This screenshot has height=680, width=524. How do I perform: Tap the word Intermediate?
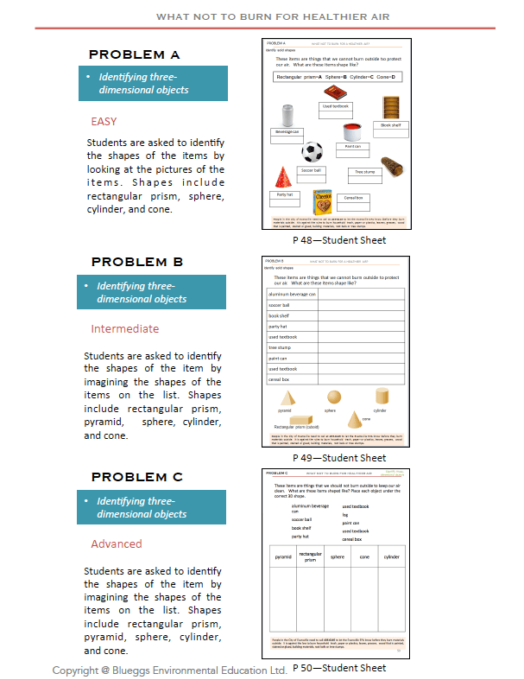(x=124, y=328)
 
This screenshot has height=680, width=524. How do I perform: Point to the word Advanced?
(x=117, y=543)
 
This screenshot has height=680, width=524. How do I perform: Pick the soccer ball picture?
(x=312, y=153)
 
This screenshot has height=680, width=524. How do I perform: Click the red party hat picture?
(x=281, y=179)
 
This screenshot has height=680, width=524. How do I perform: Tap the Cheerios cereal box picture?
(x=323, y=202)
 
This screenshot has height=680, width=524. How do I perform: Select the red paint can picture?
(x=351, y=131)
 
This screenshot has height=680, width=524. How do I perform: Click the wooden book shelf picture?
(x=391, y=108)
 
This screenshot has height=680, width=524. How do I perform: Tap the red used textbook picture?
(x=335, y=92)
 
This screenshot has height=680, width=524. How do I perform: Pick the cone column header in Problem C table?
(x=364, y=557)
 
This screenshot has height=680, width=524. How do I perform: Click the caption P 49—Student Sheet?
(x=338, y=458)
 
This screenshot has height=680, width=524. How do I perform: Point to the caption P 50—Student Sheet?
(x=338, y=668)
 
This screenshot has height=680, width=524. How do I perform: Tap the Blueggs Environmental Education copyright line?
(x=169, y=670)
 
